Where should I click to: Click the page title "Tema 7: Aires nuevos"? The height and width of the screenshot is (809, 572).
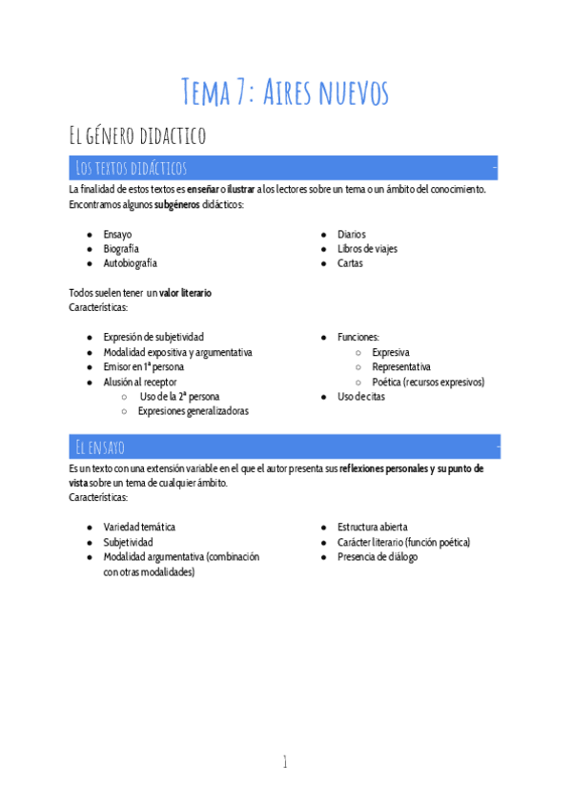coord(285,93)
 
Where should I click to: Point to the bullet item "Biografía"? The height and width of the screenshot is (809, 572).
coord(121,248)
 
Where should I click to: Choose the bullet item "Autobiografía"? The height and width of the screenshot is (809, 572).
coord(131,262)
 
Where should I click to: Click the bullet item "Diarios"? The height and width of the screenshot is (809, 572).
coord(351,234)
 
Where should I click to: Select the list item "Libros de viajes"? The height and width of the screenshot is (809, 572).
coord(367,248)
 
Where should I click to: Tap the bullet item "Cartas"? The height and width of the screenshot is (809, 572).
coord(350,262)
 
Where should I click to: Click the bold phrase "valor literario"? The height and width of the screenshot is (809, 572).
coord(185,293)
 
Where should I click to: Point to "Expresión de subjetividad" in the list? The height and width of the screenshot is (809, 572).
coord(153,337)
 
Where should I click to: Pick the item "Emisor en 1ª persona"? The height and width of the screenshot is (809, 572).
coord(143,366)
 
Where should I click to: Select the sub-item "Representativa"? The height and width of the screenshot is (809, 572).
coord(400,366)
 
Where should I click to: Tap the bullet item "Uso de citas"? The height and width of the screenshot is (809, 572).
coord(361,396)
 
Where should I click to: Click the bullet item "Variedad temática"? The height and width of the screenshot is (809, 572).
coord(139,527)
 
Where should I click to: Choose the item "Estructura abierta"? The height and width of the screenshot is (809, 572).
coord(373,527)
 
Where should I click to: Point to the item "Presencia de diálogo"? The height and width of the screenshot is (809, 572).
coord(377,556)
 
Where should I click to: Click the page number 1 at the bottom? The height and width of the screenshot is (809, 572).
coord(284,760)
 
